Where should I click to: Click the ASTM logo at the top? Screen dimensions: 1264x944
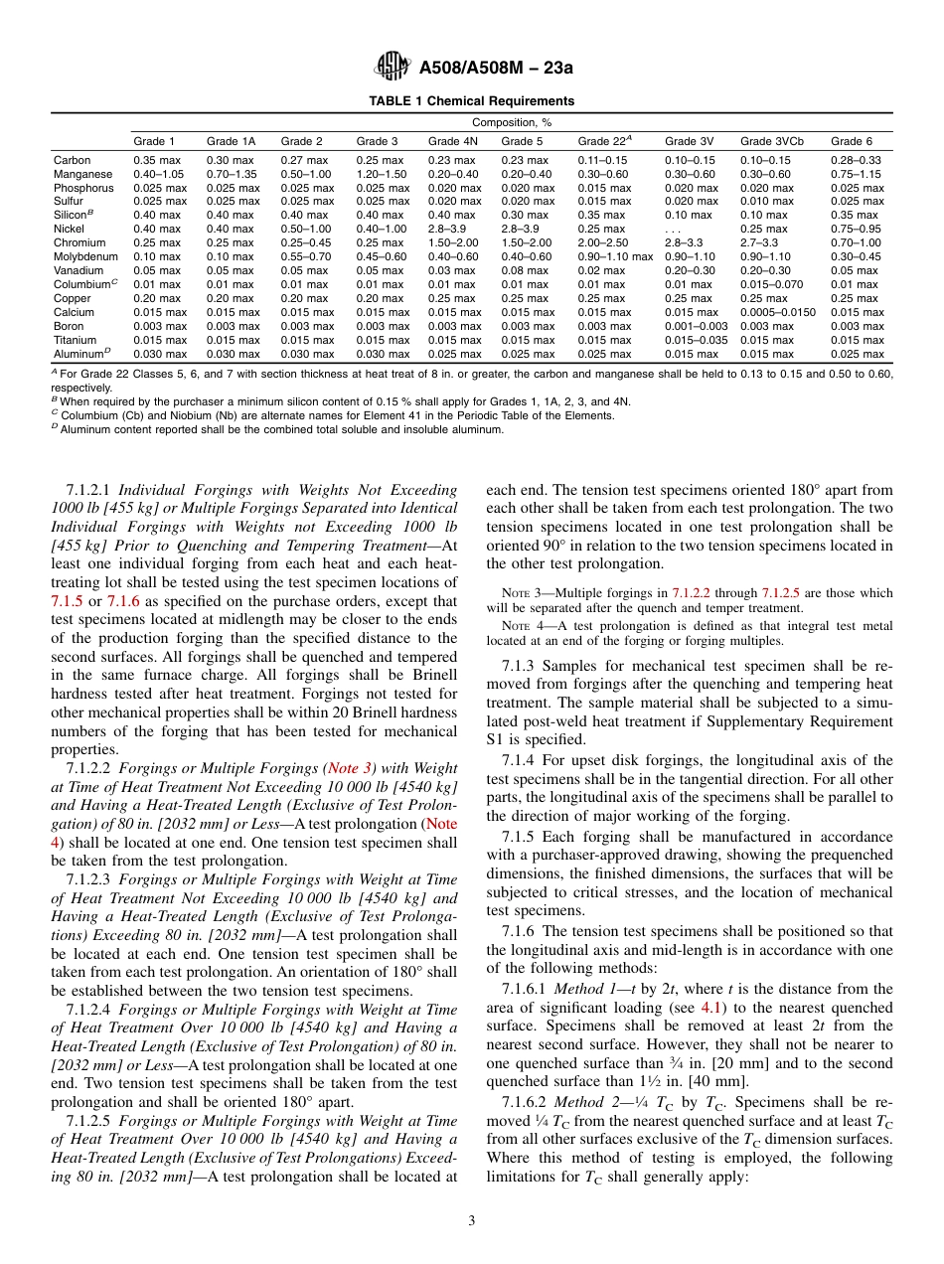coord(392,68)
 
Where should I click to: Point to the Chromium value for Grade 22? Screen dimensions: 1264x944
coord(602,242)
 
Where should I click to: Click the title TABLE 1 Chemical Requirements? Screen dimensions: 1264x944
coord(471,101)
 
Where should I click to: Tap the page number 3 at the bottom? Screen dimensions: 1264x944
coord(471,1221)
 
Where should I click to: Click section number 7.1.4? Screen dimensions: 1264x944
coord(524,760)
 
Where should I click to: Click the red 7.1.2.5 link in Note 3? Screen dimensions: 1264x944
coord(789,593)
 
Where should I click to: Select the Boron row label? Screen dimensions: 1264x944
coord(69,326)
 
